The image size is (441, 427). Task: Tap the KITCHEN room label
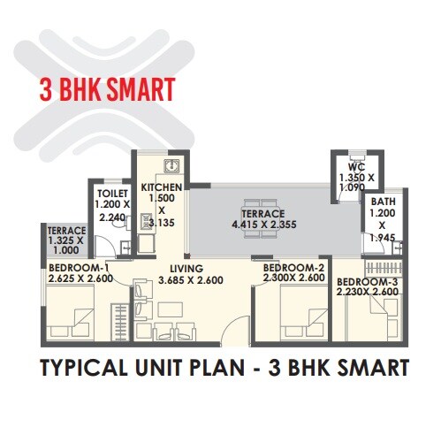tap(162, 188)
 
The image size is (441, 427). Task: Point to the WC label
tap(356, 167)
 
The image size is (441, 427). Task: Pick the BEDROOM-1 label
tap(78, 269)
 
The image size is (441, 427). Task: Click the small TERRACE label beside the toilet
tap(66, 233)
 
